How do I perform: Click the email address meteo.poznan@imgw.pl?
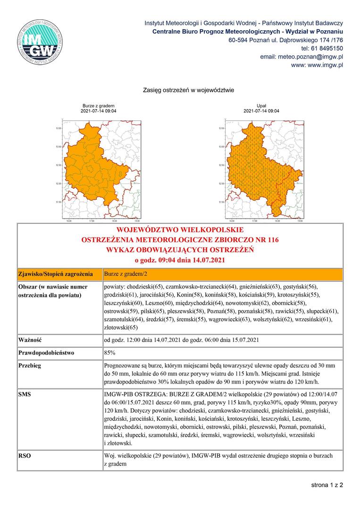(x=301, y=57)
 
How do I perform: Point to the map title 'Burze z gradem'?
(x=99, y=106)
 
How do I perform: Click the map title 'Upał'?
(x=261, y=106)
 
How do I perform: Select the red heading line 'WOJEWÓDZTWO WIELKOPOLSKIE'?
(x=180, y=230)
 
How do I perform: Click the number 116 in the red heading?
(x=272, y=240)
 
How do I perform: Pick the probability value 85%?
(x=110, y=353)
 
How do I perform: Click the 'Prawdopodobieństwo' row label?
(x=47, y=353)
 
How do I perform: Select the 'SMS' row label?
(x=25, y=393)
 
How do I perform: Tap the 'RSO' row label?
(x=25, y=456)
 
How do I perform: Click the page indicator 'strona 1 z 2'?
(x=327, y=484)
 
